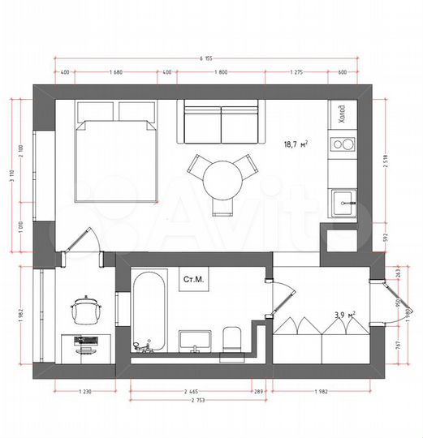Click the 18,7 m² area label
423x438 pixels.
pos(293,144)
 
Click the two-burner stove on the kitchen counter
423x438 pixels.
pos(343,146)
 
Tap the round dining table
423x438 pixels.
pos(221,179)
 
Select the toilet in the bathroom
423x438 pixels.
pos(231,341)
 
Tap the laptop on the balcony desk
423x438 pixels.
pos(84,339)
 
